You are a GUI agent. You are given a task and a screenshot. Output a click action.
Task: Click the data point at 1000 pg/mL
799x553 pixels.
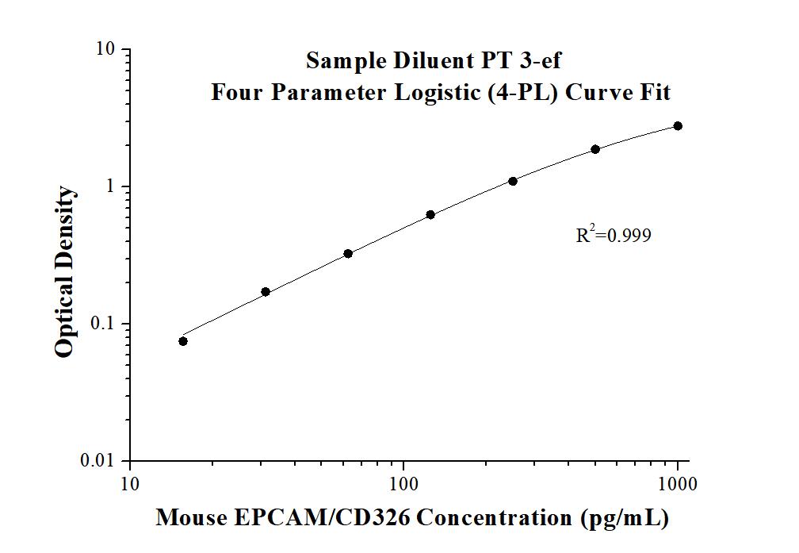[x=678, y=126]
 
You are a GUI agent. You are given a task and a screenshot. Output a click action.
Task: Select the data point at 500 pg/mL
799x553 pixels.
[x=595, y=149]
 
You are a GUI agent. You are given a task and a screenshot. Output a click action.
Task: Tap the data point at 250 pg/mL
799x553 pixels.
[x=513, y=182]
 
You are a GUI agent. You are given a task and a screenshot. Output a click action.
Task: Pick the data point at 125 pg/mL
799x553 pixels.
[x=430, y=215]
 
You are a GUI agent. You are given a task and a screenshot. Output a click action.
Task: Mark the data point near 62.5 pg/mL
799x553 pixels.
[x=348, y=254]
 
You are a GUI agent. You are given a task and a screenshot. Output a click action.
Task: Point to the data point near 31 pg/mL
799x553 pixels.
[x=266, y=292]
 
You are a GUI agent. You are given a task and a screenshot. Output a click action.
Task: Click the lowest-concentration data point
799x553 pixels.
[x=183, y=341]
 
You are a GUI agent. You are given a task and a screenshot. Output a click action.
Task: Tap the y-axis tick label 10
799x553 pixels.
[x=107, y=49]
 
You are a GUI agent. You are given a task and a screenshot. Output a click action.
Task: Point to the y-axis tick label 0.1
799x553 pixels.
[x=105, y=324]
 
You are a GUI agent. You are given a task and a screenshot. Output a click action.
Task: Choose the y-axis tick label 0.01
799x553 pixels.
[x=101, y=461]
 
